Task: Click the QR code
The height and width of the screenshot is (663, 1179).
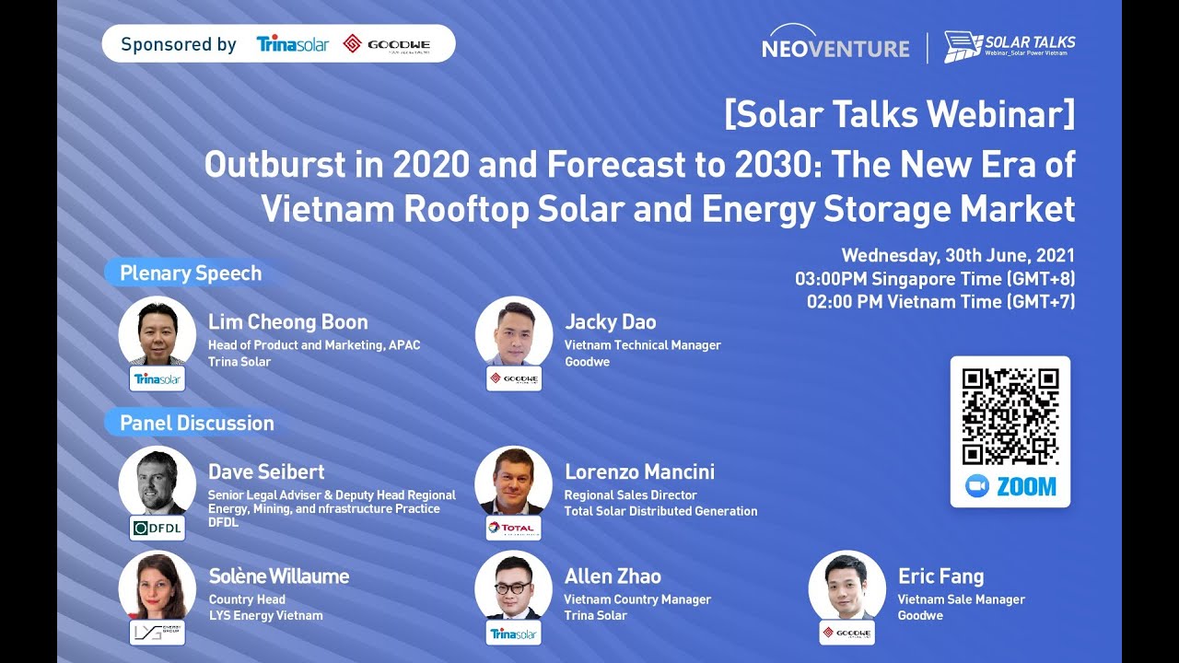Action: coord(1010,416)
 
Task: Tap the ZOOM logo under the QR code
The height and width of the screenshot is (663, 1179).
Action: coord(1010,486)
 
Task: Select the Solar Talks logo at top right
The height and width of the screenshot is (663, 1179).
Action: coord(1010,46)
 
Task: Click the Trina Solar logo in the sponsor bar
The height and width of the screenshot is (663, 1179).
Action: coord(292,44)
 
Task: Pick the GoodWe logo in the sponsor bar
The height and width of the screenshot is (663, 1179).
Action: coord(386,44)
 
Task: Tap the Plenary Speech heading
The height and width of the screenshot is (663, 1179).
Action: coord(191,273)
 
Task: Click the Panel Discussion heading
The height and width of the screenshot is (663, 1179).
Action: coord(197,424)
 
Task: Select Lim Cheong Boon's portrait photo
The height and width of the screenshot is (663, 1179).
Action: coord(158,332)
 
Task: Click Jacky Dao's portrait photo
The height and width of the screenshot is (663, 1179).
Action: coord(514,332)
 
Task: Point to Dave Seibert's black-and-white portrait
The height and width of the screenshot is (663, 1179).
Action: coord(158,483)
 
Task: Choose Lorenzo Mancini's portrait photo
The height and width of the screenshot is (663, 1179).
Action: coord(514,483)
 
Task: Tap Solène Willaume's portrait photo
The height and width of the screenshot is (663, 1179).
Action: coord(158,587)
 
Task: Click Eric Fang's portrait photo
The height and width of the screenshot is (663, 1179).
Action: coord(847,587)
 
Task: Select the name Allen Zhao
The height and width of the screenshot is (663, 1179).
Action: coord(613,576)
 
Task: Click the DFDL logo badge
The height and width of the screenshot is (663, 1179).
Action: coord(158,528)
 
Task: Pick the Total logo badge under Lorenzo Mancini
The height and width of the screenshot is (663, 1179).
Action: coord(514,528)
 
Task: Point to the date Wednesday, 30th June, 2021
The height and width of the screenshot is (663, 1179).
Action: coord(958,256)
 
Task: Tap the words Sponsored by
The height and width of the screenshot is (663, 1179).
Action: coord(179,44)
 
